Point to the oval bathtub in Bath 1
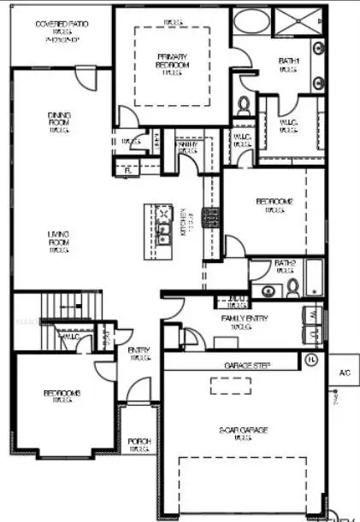251,22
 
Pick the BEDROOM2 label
274,205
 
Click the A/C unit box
345,372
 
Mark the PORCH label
139,445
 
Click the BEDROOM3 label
62,396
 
